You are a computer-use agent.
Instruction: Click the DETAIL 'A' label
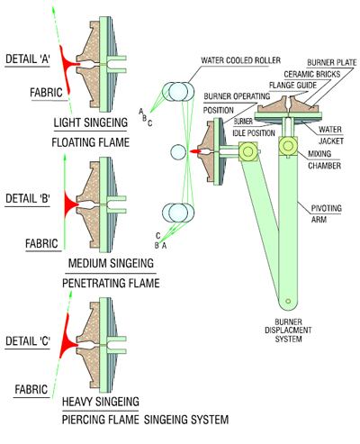click(x=28, y=59)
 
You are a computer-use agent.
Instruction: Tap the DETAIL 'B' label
click(x=28, y=198)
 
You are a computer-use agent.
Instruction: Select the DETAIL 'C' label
click(x=28, y=341)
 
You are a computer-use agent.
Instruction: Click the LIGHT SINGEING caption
click(x=91, y=122)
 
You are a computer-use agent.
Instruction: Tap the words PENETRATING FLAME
click(x=111, y=283)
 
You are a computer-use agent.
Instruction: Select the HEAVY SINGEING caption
click(x=101, y=402)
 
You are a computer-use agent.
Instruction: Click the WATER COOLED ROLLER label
click(x=240, y=60)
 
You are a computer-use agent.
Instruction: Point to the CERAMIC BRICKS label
click(x=312, y=74)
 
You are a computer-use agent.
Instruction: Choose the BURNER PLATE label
click(x=332, y=62)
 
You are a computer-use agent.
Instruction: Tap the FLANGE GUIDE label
click(x=292, y=86)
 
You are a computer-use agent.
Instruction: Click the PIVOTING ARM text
click(x=326, y=213)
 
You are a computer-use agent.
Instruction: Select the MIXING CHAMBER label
click(x=325, y=159)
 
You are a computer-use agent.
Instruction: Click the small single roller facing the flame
click(x=178, y=152)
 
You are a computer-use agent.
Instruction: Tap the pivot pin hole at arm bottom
click(x=288, y=301)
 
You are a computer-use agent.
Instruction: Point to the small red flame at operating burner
click(x=194, y=151)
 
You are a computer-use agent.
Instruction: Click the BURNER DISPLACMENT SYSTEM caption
click(x=288, y=331)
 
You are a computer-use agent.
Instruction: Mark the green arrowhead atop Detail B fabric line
click(x=65, y=157)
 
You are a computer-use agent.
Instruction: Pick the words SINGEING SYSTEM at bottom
click(x=186, y=420)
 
